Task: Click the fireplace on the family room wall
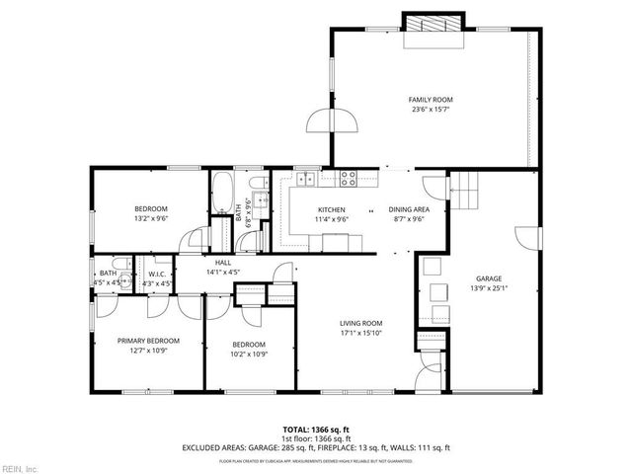click(432, 26)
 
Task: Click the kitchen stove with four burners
click(348, 178)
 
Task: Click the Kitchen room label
click(331, 209)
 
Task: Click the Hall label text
click(223, 262)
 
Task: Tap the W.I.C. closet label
click(157, 274)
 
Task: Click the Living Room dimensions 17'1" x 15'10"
click(360, 333)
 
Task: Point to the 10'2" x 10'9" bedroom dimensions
click(249, 354)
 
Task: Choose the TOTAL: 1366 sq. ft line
click(316, 430)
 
